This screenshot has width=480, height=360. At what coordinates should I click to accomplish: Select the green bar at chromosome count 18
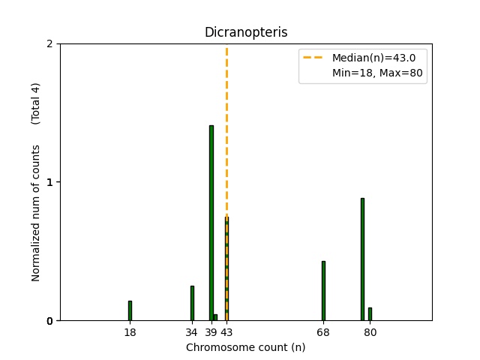[130, 310]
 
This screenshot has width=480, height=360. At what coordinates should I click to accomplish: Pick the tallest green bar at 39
[211, 223]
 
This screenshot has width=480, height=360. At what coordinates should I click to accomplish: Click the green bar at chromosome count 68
[323, 290]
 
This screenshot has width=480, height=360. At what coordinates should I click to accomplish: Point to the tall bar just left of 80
[362, 259]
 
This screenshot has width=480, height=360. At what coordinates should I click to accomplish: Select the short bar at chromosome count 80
[370, 314]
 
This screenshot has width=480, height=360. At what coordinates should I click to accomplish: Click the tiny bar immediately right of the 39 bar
[215, 317]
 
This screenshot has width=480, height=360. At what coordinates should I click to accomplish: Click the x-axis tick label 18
[130, 332]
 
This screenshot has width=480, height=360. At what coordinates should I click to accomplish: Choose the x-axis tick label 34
[192, 332]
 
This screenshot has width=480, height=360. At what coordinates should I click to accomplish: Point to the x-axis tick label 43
[227, 332]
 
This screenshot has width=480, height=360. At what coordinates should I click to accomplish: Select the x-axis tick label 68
[323, 332]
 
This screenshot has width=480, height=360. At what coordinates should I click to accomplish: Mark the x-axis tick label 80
[370, 332]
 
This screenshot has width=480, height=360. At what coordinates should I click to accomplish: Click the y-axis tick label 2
[49, 43]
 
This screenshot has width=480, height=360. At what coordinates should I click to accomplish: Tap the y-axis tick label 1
[49, 182]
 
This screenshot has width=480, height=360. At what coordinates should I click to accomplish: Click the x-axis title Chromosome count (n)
[245, 347]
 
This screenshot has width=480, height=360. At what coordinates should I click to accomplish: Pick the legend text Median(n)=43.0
[368, 58]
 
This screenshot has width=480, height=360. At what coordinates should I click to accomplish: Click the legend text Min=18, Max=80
[379, 73]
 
